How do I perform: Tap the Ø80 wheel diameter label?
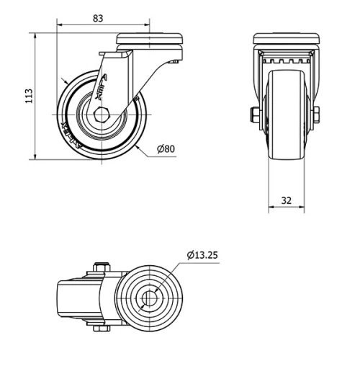point(165,149)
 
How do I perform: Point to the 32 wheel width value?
point(287,200)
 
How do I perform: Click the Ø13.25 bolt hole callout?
point(202,254)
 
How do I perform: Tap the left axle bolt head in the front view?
point(255,115)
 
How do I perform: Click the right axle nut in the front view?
point(317,115)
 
